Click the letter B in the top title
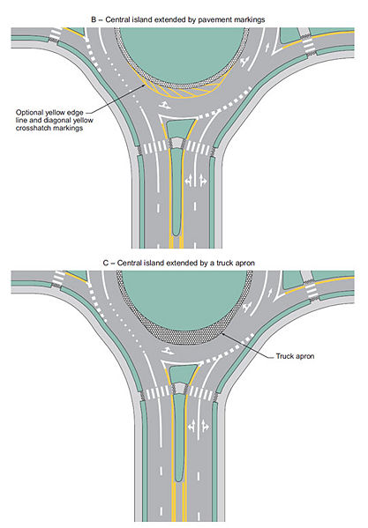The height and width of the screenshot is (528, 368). click(94, 19)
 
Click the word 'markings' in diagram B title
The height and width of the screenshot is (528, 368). click(248, 20)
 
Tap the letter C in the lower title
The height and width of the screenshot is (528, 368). click(106, 263)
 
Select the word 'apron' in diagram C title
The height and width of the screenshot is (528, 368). click(244, 264)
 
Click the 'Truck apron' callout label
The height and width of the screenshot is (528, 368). click(295, 356)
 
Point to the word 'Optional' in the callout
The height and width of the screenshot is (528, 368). click(30, 113)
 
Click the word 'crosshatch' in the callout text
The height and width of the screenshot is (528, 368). click(32, 128)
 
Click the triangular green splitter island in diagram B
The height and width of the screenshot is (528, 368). click(181, 128)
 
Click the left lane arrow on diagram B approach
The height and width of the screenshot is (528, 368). click(188, 180)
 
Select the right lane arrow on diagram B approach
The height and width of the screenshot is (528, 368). click(203, 180)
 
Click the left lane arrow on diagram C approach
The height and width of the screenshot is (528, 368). click(192, 427)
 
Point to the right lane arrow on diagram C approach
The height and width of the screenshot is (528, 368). click(205, 427)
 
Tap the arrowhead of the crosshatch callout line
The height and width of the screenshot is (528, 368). click(144, 86)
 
